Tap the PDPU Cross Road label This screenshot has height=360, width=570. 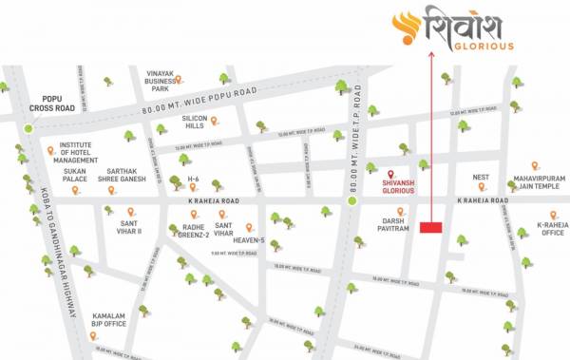(46, 104)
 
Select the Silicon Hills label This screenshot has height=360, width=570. (194, 121)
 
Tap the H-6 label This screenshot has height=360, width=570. (193, 179)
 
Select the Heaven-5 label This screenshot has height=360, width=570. (248, 240)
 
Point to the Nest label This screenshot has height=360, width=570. (481, 177)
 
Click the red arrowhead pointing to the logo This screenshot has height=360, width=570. (431, 56)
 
